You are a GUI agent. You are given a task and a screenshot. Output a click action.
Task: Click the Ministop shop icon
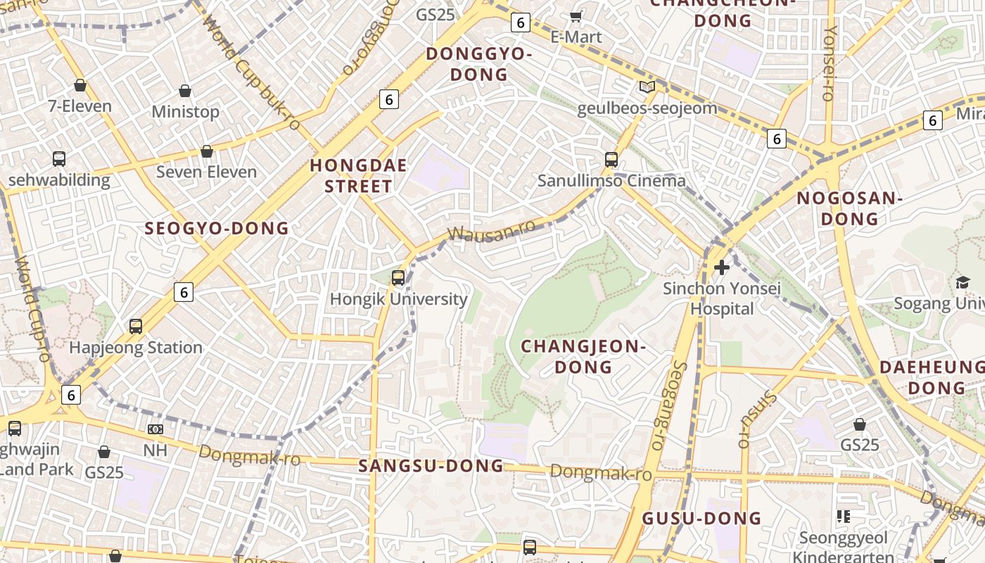click(185, 91)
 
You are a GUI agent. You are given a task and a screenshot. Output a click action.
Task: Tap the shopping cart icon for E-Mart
click(576, 16)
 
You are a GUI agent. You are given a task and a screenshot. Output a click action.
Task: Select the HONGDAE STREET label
click(359, 176)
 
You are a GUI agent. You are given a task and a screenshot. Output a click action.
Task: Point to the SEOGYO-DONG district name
click(217, 228)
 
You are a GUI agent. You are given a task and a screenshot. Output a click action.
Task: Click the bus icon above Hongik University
click(398, 277)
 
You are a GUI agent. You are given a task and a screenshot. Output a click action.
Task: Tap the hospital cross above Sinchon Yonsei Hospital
click(722, 267)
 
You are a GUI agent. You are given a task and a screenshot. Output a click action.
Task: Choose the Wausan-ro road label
click(491, 231)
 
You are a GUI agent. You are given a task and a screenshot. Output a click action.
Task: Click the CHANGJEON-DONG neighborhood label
click(583, 356)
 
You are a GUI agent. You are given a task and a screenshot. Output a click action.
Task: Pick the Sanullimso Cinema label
click(611, 181)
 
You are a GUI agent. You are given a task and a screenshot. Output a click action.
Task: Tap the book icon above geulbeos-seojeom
click(647, 87)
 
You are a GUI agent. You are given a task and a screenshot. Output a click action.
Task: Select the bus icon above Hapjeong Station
click(136, 326)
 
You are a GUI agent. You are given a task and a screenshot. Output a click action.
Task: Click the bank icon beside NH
click(155, 429)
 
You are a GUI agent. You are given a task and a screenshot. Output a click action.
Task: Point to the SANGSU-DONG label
click(431, 466)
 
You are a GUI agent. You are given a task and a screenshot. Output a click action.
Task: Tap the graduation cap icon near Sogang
click(962, 282)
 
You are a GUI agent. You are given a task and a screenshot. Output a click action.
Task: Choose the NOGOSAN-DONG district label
click(850, 208)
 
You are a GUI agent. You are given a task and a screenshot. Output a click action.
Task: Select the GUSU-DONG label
click(701, 519)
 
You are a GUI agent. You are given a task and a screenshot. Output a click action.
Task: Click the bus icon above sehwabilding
click(59, 159)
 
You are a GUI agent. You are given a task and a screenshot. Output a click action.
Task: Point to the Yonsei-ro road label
click(831, 63)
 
